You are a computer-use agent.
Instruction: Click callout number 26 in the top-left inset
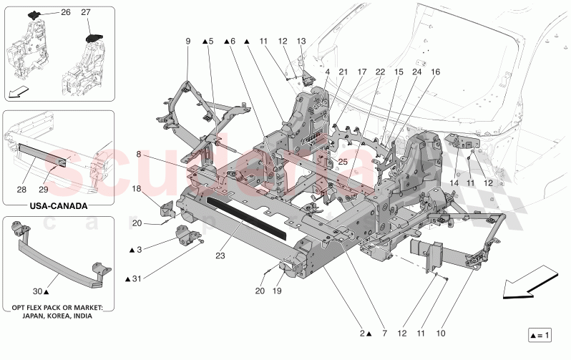[x=66, y=13]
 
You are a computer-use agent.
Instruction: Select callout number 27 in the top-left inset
[x=86, y=13]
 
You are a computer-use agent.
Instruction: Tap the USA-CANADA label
[x=59, y=206]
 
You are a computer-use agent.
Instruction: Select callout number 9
[x=188, y=42]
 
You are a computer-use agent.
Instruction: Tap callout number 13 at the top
[x=301, y=42]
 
